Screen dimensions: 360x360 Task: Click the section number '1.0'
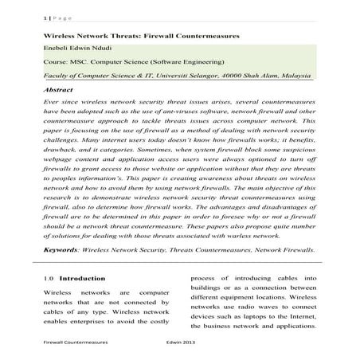[x=47, y=280]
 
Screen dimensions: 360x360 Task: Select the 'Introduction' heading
[x=82, y=280]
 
